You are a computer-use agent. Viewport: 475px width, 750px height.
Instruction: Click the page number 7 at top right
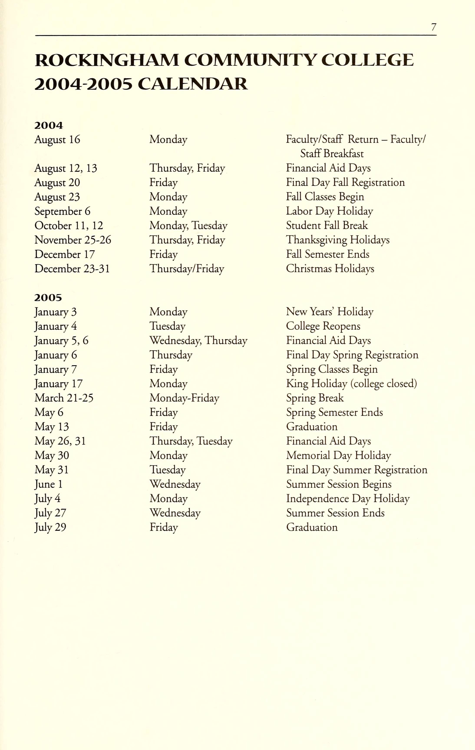(x=434, y=27)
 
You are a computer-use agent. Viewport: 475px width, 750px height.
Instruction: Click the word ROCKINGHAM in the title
(x=106, y=60)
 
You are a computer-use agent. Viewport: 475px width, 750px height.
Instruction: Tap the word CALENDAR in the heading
(x=192, y=84)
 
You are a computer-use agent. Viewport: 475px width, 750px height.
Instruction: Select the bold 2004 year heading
(x=49, y=126)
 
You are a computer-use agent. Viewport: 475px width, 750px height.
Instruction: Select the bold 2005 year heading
(x=48, y=298)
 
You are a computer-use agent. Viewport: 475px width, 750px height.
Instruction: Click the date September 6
(x=62, y=211)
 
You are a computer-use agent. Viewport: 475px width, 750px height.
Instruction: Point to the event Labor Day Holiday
(x=329, y=211)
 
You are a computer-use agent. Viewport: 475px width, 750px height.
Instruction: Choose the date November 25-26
(x=73, y=240)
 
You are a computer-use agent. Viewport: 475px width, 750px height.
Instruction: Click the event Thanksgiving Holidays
(x=338, y=240)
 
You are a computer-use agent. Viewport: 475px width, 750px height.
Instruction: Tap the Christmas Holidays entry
(x=330, y=269)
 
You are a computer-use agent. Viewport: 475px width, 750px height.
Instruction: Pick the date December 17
(x=64, y=254)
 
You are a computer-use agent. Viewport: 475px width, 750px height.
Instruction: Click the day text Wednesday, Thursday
(x=198, y=341)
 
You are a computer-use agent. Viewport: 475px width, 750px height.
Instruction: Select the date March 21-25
(x=64, y=398)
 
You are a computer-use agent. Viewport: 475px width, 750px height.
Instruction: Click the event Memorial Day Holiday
(x=338, y=456)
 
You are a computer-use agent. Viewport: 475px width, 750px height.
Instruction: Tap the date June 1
(x=49, y=484)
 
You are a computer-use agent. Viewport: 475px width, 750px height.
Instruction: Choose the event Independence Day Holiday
(x=348, y=499)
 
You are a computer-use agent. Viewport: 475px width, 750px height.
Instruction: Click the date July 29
(x=50, y=527)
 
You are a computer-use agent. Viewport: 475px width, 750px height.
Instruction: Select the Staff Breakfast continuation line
(x=332, y=154)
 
